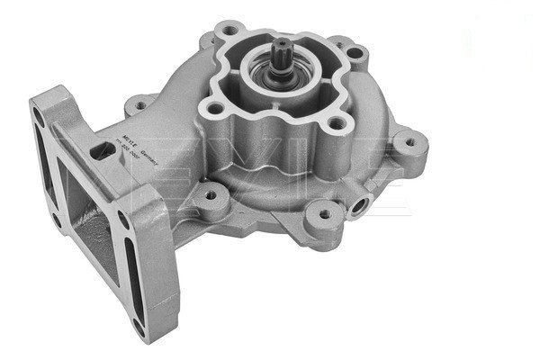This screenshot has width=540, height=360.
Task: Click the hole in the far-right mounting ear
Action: click(x=411, y=139)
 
